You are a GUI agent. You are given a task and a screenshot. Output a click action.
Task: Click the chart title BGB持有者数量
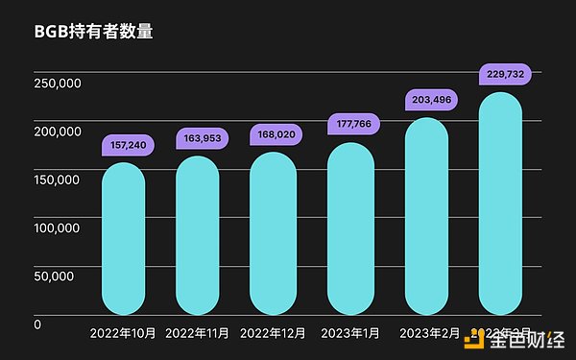click(x=94, y=31)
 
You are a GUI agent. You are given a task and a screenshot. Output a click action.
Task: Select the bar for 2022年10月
click(x=123, y=238)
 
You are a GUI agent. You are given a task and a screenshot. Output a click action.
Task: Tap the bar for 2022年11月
click(x=198, y=235)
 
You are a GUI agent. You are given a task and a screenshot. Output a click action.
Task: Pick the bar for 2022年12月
click(x=274, y=233)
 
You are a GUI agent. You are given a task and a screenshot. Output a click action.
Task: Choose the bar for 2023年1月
click(x=349, y=228)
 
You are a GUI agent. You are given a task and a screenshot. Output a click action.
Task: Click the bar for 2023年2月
click(x=425, y=216)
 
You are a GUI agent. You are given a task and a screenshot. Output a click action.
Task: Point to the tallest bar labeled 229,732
click(x=500, y=204)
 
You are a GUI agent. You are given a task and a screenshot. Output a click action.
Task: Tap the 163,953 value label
click(x=200, y=139)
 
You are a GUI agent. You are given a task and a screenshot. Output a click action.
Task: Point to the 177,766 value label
click(x=350, y=124)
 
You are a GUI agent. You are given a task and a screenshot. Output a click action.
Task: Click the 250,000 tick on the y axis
click(x=57, y=84)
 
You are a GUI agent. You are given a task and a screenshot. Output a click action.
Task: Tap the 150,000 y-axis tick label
click(x=57, y=180)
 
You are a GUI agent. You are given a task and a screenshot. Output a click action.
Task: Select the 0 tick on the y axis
click(x=37, y=324)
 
